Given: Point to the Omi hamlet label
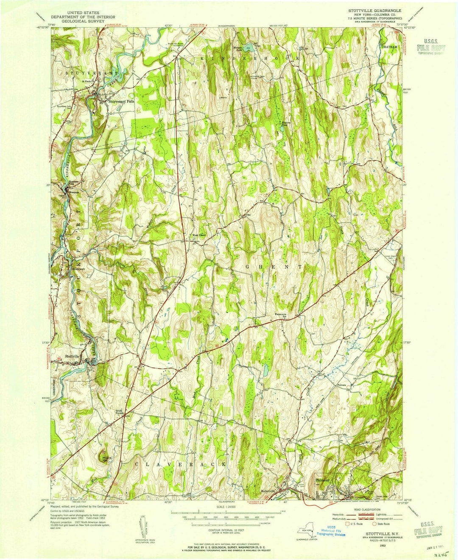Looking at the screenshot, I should point(249,214).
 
